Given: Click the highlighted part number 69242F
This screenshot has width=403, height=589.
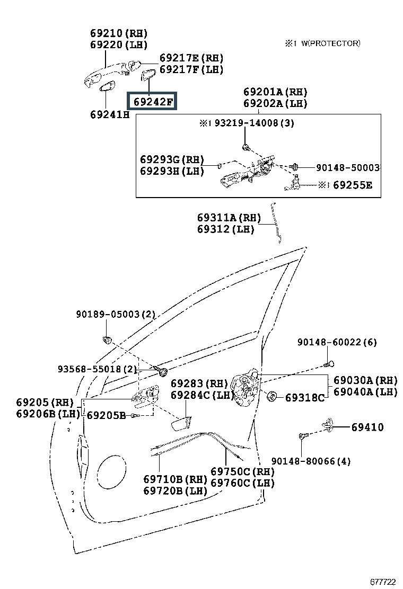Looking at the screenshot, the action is tap(152, 101).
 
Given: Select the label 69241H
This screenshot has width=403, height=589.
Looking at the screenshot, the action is tap(110, 114).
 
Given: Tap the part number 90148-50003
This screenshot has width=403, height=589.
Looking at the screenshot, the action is tap(348, 167).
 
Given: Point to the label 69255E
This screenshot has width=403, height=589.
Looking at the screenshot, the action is tap(353, 185).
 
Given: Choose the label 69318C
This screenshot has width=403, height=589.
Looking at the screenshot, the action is tap(305, 397).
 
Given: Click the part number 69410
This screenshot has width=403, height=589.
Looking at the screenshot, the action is tap(367, 427).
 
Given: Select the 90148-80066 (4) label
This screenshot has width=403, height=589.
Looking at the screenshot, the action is tap(311, 461).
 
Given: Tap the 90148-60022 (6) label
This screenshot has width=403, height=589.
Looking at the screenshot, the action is tap(337, 342).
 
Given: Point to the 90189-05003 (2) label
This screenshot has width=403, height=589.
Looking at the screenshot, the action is tap(116, 314).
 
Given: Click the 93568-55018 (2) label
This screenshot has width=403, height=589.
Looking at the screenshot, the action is tap(98, 369).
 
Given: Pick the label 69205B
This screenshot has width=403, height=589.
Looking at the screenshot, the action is tap(107, 415).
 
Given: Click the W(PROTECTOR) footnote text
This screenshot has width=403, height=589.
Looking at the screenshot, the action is tap(331, 43).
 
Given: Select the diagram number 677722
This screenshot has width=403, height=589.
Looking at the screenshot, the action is tap(383, 582).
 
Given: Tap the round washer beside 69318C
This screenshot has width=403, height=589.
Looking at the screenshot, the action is tap(271, 396).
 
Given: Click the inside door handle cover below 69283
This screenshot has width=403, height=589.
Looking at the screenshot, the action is tap(181, 423).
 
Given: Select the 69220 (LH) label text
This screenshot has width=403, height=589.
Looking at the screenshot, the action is tap(119, 44).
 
